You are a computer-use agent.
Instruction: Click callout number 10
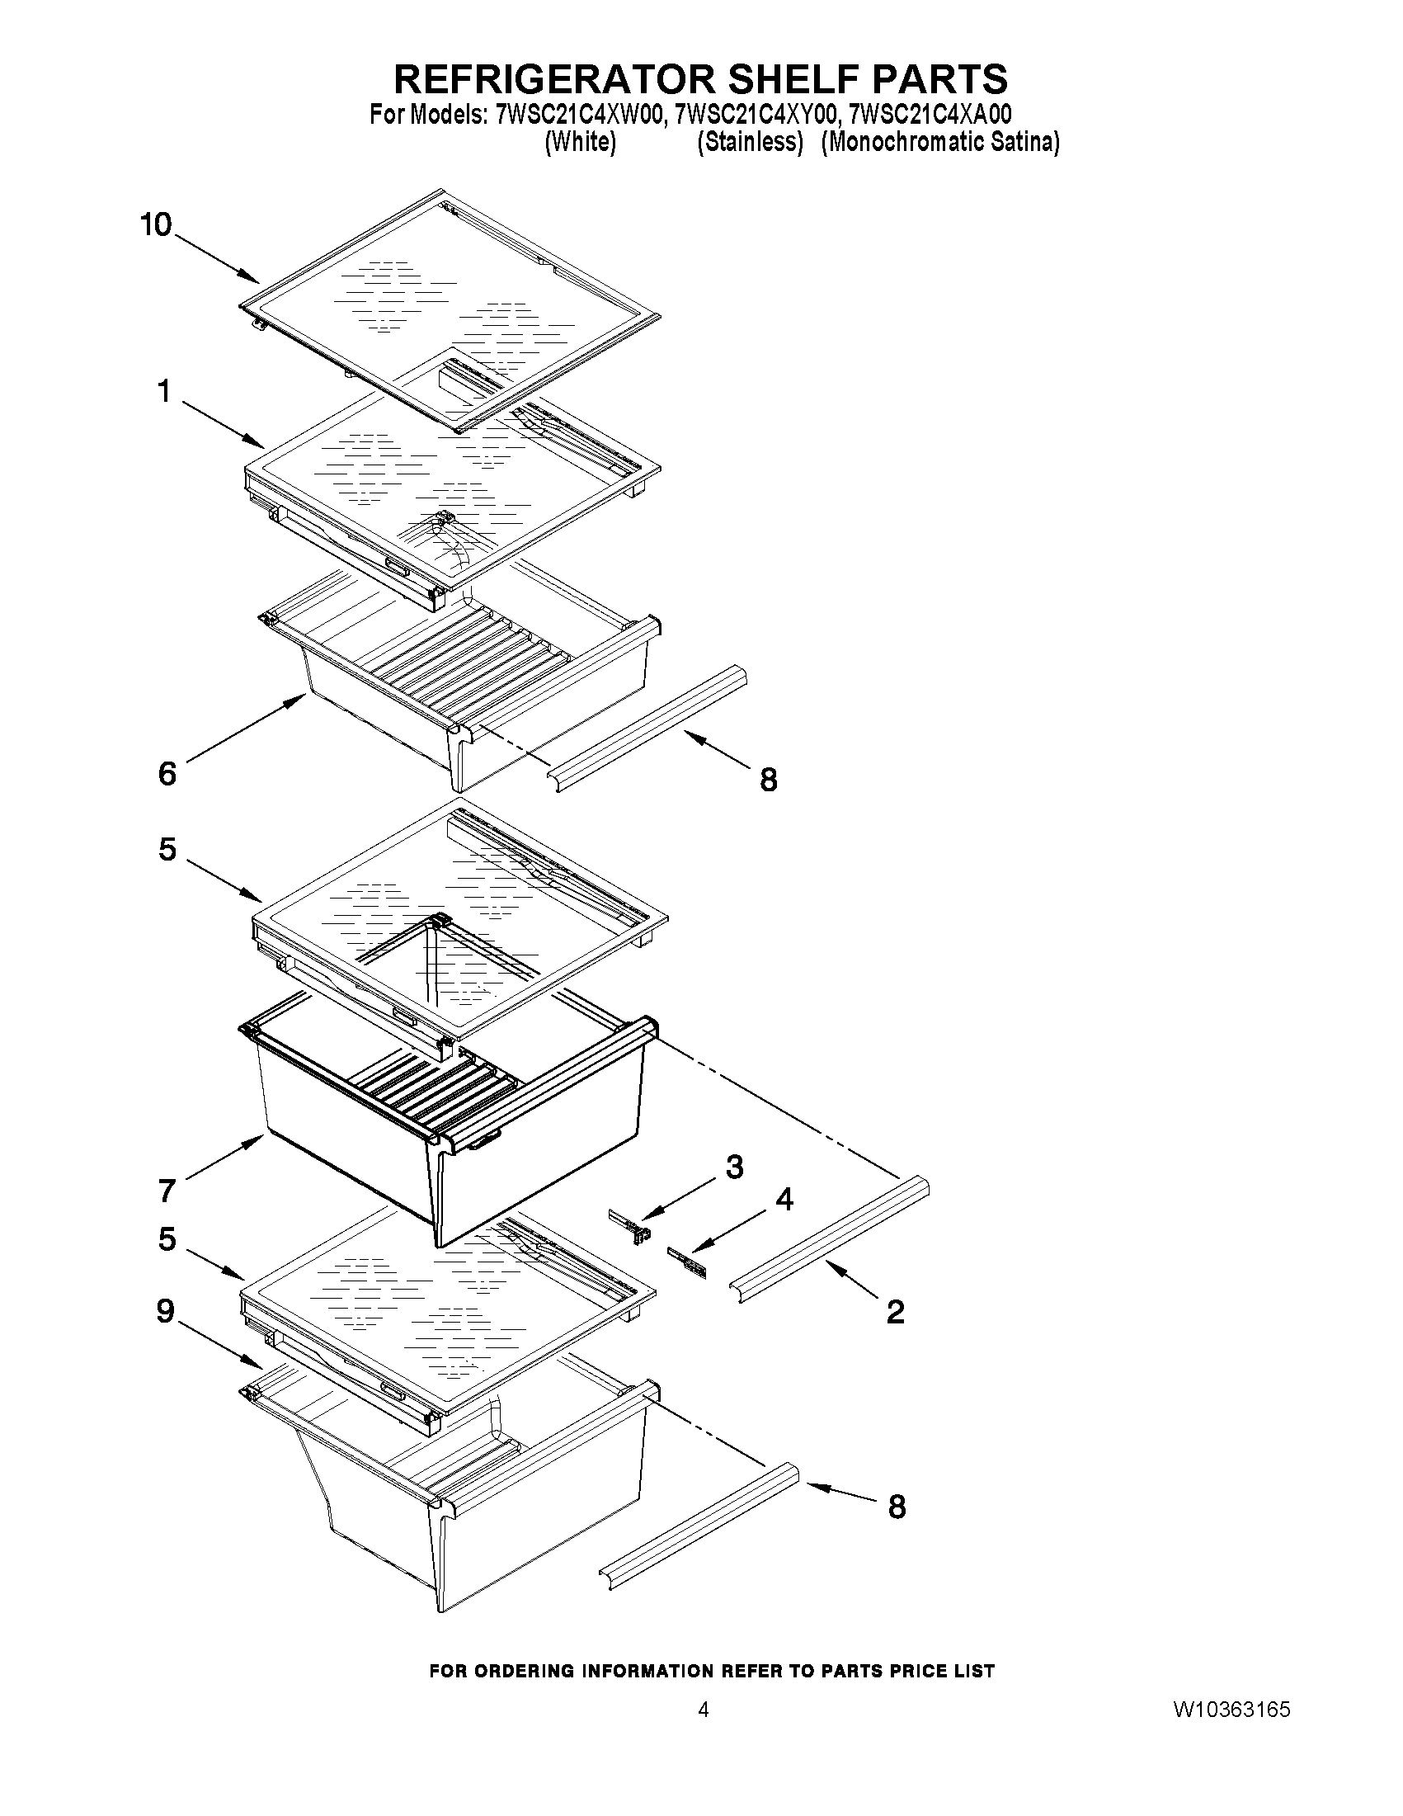coord(156,224)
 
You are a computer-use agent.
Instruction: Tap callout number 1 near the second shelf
coord(165,391)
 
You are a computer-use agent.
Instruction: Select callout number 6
coord(167,774)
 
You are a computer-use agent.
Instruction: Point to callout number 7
coord(167,1191)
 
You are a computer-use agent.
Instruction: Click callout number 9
coord(166,1311)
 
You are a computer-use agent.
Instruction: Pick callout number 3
coord(734,1167)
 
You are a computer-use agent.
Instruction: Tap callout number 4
coord(784,1199)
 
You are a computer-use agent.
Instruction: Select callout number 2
coord(895,1312)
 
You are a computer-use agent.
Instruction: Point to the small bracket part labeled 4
coord(687,1262)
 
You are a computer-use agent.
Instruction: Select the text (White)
coord(580,142)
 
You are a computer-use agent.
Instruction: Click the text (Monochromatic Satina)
coord(940,142)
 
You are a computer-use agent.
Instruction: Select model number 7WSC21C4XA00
coord(930,114)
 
